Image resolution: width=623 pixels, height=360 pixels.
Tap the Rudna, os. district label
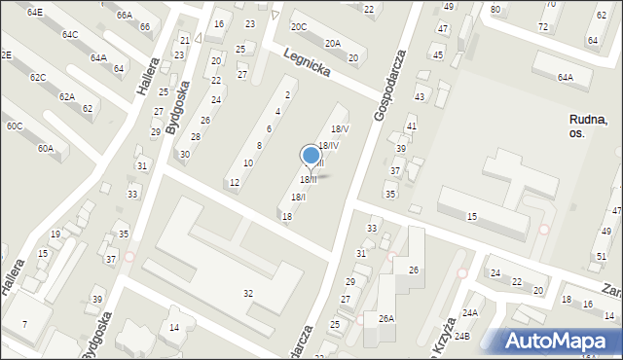[590, 126]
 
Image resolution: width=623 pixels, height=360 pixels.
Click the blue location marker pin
[311, 156]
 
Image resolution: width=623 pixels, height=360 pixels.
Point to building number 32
[248, 293]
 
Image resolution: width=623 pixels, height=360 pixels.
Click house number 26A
[386, 318]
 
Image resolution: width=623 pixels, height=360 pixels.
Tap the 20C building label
[298, 27]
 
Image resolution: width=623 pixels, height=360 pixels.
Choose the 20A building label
[333, 43]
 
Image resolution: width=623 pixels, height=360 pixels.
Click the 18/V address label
[340, 128]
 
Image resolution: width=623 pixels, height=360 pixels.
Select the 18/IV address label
[329, 146]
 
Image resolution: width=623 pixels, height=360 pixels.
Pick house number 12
[235, 183]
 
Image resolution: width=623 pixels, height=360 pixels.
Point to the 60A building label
[46, 149]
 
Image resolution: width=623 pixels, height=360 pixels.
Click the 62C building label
[37, 77]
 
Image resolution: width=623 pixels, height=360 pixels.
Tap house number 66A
[124, 16]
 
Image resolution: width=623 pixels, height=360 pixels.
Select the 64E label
[35, 12]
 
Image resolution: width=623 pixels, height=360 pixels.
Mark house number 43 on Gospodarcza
[420, 97]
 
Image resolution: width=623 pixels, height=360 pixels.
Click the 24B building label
[461, 337]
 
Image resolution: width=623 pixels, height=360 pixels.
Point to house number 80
[495, 9]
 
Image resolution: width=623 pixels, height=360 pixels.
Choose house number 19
[55, 234]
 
